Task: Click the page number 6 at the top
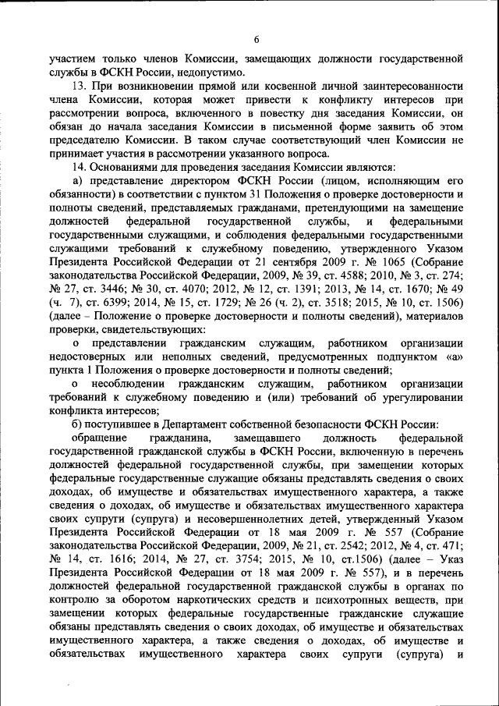click(x=256, y=40)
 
